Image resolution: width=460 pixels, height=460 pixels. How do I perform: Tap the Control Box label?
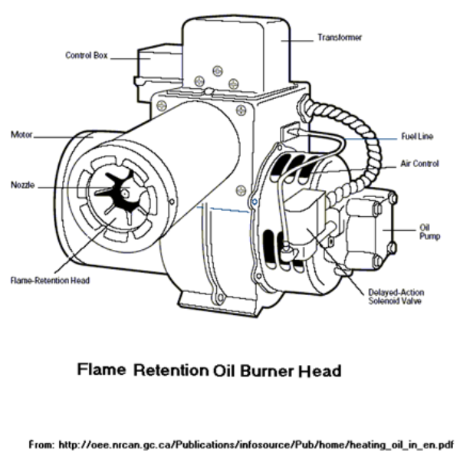[x=86, y=55]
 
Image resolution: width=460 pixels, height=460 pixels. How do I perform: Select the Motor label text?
[x=20, y=135]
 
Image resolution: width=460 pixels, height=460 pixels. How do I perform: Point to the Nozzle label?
[x=22, y=185]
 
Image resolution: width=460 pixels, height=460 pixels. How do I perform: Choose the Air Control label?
[x=419, y=164]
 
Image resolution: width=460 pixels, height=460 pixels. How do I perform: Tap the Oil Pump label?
[x=428, y=232]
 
